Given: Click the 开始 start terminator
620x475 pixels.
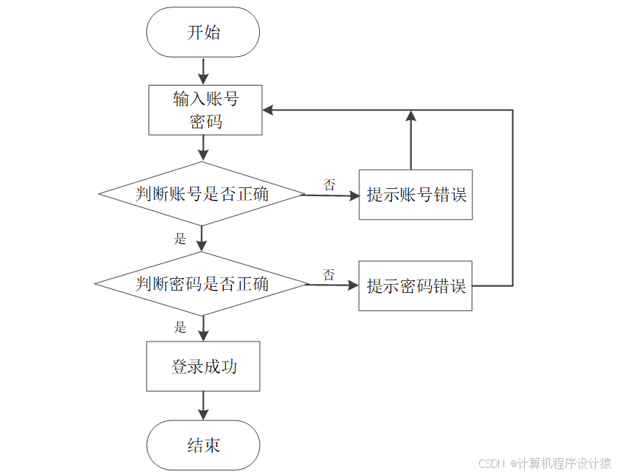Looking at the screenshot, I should [203, 32].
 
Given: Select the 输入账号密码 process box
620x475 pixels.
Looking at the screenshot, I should [205, 110].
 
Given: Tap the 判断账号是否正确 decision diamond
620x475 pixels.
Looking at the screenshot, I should [201, 195].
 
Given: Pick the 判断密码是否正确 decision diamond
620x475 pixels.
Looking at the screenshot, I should [201, 284].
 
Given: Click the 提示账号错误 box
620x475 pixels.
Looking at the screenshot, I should [416, 195].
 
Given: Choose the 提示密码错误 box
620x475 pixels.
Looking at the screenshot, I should [416, 285].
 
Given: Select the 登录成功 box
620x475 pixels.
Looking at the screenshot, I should [203, 366].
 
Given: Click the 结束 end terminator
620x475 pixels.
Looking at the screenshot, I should [203, 445].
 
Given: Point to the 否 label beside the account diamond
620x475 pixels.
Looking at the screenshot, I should [329, 184].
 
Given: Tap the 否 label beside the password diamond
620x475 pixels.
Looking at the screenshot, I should [329, 274].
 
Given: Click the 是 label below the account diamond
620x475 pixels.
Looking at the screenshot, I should [180, 238].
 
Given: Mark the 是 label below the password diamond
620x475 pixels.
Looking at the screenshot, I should [180, 327].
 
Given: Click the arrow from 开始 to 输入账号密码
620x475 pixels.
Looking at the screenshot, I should [203, 71].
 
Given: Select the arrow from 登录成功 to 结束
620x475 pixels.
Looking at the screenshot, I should [203, 406].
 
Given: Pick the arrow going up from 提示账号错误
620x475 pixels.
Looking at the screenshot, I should [411, 140].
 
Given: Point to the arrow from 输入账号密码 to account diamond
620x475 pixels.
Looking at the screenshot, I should [203, 148].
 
